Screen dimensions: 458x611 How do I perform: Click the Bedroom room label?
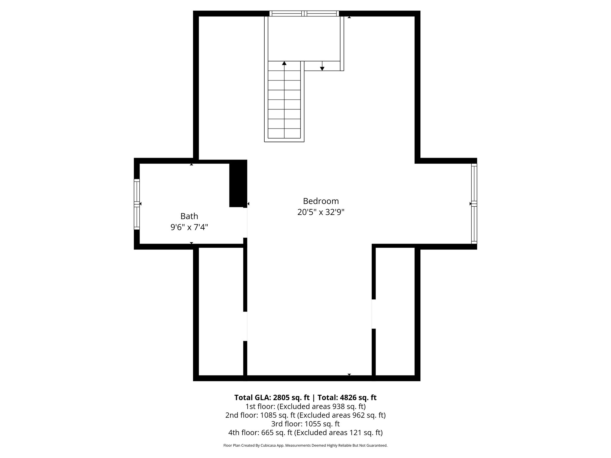(321, 201)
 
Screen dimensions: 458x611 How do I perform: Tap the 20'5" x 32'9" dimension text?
(321, 212)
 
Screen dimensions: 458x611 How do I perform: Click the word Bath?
(189, 216)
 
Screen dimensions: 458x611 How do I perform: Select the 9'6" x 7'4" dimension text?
(189, 228)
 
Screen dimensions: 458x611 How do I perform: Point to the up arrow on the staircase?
(284, 64)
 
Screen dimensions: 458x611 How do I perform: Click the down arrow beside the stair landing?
(322, 68)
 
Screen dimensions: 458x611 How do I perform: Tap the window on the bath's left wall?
(137, 204)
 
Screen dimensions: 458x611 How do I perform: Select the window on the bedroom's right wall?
(474, 204)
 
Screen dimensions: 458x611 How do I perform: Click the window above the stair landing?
(304, 13)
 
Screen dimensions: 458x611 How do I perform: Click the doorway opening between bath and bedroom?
(245, 222)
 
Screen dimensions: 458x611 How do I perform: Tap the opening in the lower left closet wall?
(245, 326)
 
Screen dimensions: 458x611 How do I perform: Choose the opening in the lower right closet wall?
(374, 314)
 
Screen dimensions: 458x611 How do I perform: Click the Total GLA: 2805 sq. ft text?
(272, 398)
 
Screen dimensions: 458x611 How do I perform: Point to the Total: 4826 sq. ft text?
(347, 398)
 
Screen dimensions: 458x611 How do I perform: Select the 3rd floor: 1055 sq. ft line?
(305, 424)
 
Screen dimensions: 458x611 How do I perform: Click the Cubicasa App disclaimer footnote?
(305, 445)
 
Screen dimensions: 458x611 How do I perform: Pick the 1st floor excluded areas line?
(305, 406)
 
